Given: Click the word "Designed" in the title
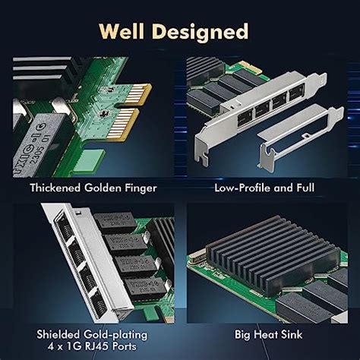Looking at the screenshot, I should point(205,31).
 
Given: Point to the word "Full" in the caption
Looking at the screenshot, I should point(302,187).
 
